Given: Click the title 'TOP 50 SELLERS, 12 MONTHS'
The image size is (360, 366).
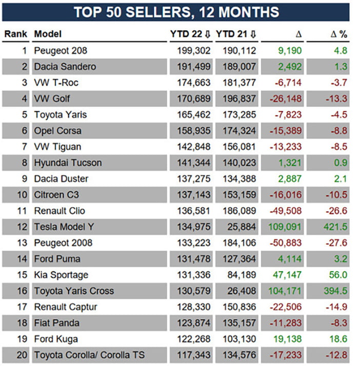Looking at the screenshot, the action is tap(176, 12).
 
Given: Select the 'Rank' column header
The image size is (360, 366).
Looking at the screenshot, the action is tap(16, 34).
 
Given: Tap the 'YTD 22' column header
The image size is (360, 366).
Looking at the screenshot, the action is tap(186, 34).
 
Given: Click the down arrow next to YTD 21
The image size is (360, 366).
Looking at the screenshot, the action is tap(253, 34).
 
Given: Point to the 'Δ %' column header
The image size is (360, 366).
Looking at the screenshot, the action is tap(339, 34).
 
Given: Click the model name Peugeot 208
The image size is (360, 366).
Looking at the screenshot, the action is tap(61, 51).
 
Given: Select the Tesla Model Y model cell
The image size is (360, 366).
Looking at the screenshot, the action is tap(64, 227).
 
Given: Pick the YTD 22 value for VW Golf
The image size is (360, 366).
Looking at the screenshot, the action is tap(193, 99).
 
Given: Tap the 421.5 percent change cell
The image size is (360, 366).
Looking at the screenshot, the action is tap(335, 227).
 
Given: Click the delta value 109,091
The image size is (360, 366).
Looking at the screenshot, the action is tap(285, 227).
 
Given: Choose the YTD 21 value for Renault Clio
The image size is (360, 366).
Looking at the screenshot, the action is tap(239, 211).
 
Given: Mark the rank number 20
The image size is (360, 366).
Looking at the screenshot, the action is tap(22, 355).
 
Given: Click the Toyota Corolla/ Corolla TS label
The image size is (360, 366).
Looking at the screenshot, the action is tap(89, 355).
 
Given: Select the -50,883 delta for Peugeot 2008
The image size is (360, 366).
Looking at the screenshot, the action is tap(286, 243).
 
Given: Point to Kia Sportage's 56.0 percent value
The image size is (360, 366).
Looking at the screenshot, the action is tap(338, 275).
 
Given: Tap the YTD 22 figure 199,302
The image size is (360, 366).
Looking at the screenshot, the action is tap(193, 51).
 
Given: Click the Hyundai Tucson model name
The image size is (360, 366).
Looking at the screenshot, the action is tap(68, 163).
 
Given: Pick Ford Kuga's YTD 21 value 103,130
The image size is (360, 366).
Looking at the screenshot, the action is tap(239, 339).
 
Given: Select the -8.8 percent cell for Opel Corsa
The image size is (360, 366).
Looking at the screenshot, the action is tap(339, 131).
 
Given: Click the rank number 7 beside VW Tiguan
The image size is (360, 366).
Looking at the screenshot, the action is tap(25, 147).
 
